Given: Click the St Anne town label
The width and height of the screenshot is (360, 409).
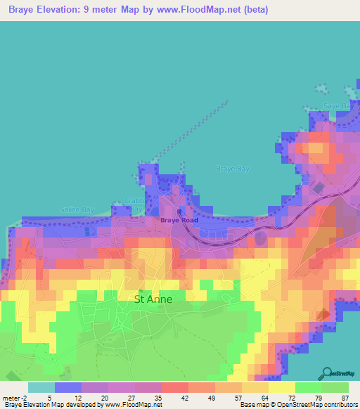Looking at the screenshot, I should pyautogui.click(x=153, y=298).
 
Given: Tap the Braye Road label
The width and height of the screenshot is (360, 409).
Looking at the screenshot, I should pyautogui.click(x=179, y=220).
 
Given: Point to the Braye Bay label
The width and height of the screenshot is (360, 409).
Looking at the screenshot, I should pyautogui.click(x=232, y=169).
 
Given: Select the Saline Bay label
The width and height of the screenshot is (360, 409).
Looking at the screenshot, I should pyautogui.click(x=77, y=209).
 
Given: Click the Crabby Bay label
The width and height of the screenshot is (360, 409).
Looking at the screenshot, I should pyautogui.click(x=135, y=205).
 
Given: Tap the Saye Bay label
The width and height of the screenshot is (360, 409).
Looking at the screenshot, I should pyautogui.click(x=336, y=106).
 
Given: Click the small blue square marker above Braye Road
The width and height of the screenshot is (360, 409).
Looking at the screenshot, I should pyautogui.click(x=180, y=210).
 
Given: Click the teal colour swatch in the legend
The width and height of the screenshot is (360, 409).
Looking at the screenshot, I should pyautogui.click(x=41, y=387).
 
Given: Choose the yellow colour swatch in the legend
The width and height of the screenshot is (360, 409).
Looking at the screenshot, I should pyautogui.click(x=281, y=387).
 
